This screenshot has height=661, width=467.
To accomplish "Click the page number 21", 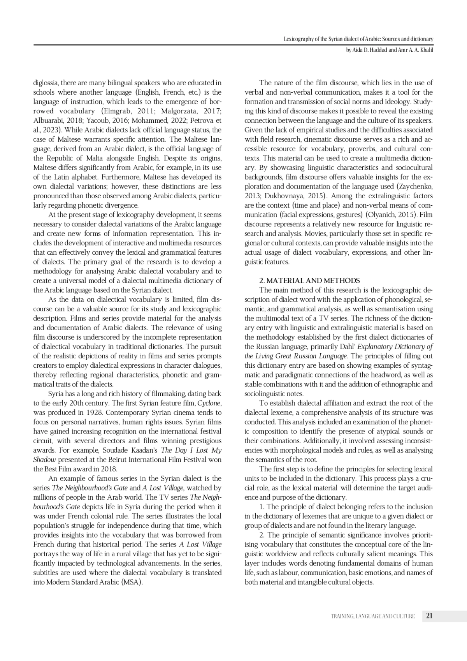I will [x=430, y=616].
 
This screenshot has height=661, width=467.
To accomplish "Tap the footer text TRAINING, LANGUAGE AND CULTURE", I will [x=372, y=616].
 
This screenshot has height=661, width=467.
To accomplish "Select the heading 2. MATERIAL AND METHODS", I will [x=309, y=280].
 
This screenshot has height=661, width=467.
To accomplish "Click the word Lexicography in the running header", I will [x=297, y=39].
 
